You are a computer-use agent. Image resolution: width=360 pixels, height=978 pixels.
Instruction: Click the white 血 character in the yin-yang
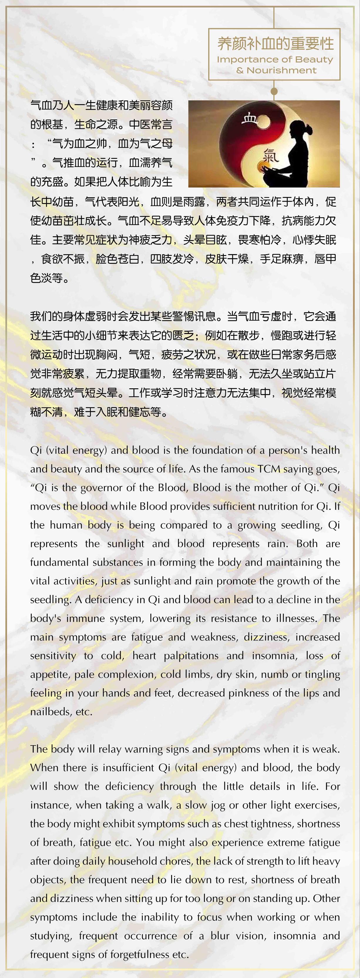click(250, 119)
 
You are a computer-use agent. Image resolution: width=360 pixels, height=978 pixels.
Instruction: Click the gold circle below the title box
click(274, 91)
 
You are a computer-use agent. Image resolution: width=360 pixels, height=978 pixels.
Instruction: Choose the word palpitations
click(191, 656)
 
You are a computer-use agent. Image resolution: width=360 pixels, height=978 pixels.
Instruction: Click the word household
click(130, 861)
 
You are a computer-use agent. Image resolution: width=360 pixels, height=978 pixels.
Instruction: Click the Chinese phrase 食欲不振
click(63, 259)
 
